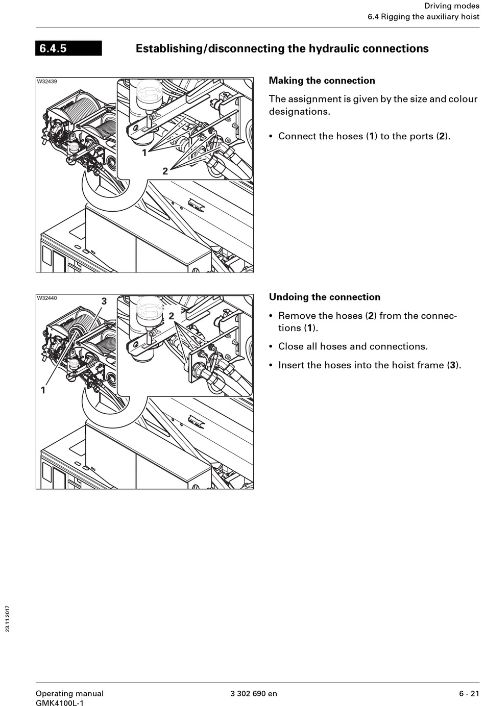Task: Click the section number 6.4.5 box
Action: pos(68,48)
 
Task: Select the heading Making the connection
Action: pos(322,81)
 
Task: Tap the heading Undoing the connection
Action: pos(324,297)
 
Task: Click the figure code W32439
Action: pos(47,82)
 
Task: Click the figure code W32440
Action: pos(47,298)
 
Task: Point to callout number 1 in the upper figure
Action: pos(144,153)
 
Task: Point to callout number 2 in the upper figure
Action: pos(165,171)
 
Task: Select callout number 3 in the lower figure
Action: pos(104,301)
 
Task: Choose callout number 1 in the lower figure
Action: pos(43,390)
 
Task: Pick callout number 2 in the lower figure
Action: pos(171,316)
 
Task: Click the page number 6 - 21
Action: pos(469,693)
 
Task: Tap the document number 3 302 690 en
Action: pos(254,693)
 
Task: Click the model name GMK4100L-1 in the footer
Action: pos(60,703)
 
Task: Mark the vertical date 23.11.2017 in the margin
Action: pos(8,618)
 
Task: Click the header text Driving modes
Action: pos(452,6)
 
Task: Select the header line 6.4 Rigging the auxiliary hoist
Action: pos(424,17)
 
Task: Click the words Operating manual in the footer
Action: pos(69,693)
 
